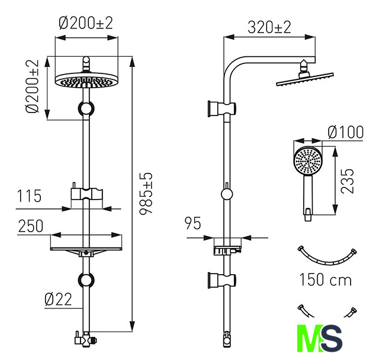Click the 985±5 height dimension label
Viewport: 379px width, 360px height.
point(146,193)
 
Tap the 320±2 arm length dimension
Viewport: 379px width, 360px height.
point(269,27)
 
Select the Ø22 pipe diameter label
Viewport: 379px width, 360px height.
point(58,300)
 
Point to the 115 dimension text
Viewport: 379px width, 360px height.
point(29,196)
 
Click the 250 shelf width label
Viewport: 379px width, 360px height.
point(31,226)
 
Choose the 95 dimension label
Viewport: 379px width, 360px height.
point(192,223)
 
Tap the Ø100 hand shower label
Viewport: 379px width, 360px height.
point(345,132)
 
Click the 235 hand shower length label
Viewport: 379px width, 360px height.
point(347,181)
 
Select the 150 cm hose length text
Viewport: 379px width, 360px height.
point(325,279)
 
